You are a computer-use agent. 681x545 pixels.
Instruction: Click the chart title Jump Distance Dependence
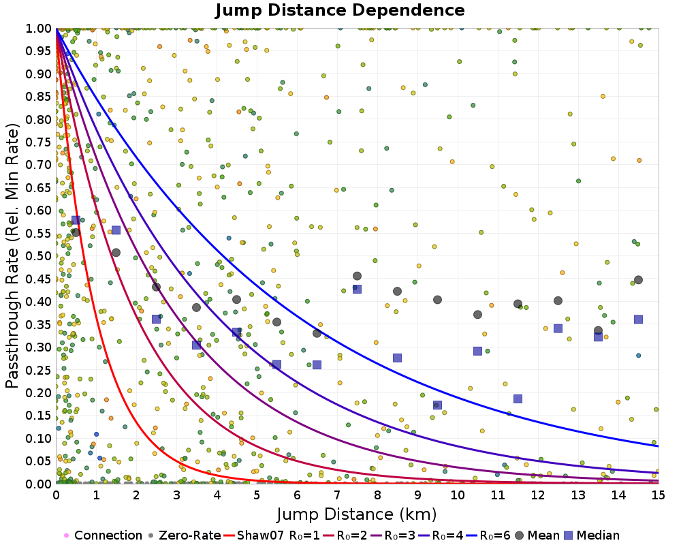(340, 10)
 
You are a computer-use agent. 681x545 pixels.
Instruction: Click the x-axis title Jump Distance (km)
(356, 513)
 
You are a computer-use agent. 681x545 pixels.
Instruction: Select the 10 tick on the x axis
(458, 497)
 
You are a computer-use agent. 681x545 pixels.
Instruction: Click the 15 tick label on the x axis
(659, 497)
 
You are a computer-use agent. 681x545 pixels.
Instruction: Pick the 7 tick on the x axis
(337, 497)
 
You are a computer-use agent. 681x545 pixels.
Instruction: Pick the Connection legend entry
(102, 535)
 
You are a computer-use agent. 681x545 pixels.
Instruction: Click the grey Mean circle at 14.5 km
(638, 280)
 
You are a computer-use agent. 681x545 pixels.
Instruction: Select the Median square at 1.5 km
(116, 230)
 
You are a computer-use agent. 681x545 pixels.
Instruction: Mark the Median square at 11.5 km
(518, 399)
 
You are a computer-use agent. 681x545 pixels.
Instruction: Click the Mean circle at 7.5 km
(357, 276)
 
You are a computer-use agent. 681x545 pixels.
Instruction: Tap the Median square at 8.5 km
(397, 358)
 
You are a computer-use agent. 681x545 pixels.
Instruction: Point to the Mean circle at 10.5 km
(477, 314)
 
